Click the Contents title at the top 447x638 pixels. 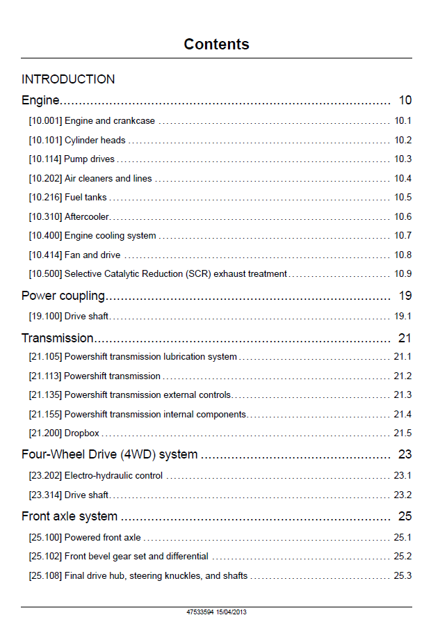216,44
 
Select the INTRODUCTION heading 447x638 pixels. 68,79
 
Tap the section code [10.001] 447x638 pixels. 45,121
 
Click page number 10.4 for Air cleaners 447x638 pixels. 403,178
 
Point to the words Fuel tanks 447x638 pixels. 86,198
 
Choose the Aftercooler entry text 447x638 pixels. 87,216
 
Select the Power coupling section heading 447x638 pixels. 63,296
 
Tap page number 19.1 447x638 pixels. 403,316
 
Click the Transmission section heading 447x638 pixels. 57,337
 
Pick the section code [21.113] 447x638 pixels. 45,376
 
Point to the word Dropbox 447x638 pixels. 82,433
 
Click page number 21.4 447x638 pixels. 403,414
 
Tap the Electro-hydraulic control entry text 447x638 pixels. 113,476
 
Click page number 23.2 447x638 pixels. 403,495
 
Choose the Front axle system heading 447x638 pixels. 70,516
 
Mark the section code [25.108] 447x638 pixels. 45,576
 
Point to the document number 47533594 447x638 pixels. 200,612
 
